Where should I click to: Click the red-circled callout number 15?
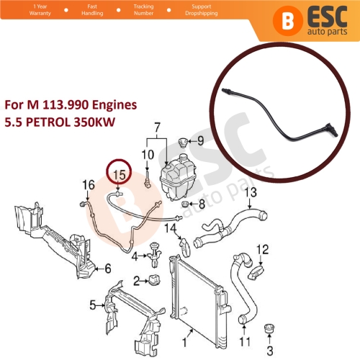click(x=120, y=175)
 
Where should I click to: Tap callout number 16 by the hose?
click(x=88, y=186)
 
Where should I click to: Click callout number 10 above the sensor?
click(x=148, y=155)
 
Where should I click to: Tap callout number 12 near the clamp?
click(x=262, y=249)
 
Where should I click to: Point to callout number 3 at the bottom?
click(x=271, y=351)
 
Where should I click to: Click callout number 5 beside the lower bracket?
click(x=92, y=305)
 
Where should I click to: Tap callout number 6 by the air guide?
click(x=107, y=269)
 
